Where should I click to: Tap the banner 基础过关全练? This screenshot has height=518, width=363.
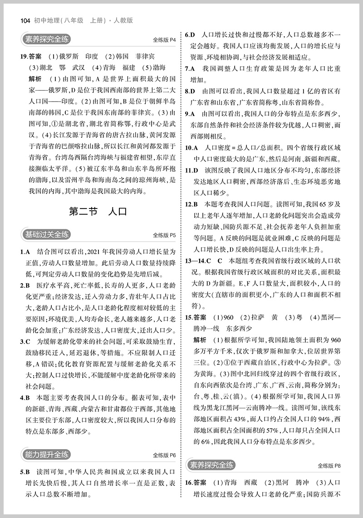coord(47,234)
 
